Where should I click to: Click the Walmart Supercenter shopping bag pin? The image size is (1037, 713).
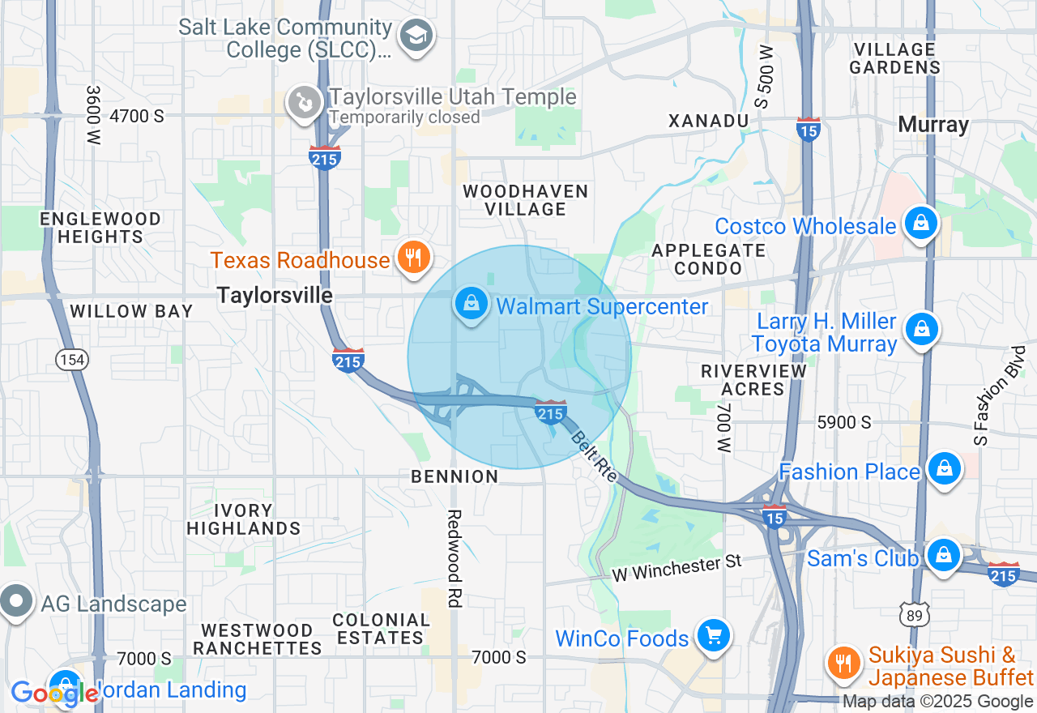[471, 305]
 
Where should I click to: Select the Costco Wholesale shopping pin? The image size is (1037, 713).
[920, 224]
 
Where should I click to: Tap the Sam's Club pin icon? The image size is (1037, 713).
[943, 557]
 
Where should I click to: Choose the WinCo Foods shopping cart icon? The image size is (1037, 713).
[713, 636]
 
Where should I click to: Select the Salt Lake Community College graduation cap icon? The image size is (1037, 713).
[417, 36]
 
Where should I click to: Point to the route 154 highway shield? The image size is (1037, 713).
[66, 358]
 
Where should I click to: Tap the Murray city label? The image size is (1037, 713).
[933, 125]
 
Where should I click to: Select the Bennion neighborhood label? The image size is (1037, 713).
[454, 476]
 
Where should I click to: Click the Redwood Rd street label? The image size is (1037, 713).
[454, 559]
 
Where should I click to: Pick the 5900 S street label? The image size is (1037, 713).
[844, 422]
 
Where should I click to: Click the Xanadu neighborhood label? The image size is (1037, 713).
[707, 121]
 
